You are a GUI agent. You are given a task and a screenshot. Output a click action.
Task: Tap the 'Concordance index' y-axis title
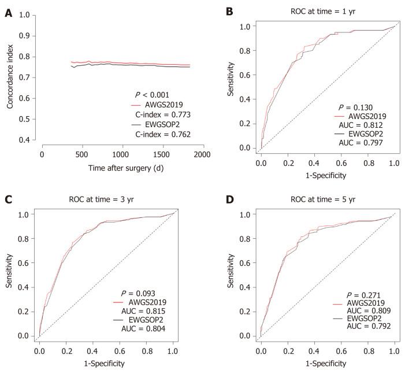[x=10, y=78]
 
